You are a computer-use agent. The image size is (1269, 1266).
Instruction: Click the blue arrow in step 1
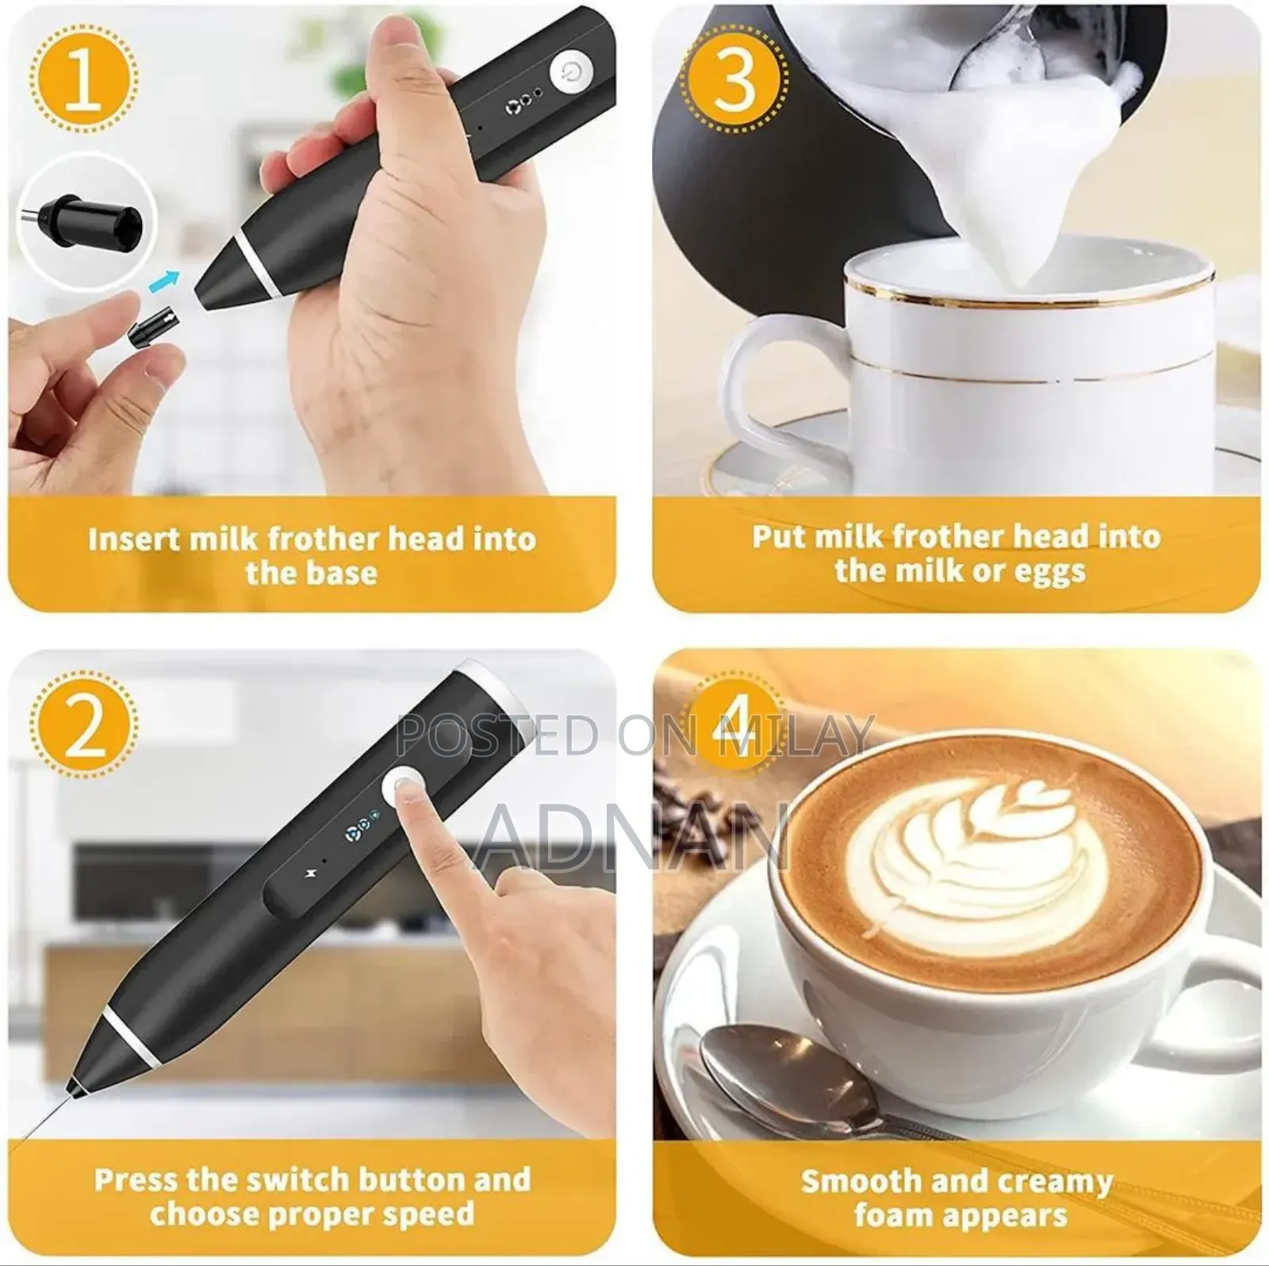tap(164, 280)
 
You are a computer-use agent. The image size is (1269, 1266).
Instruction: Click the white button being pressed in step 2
tap(404, 788)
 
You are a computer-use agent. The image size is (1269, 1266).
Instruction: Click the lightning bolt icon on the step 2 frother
tap(310, 874)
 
